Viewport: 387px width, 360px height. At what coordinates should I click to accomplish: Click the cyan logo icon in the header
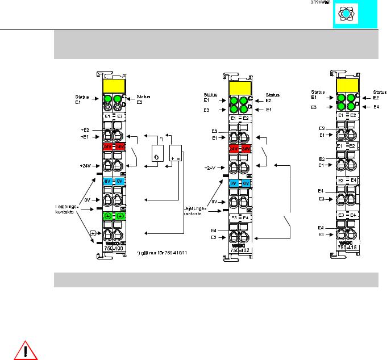(346, 15)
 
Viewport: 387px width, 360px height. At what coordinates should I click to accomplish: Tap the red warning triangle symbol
(25, 350)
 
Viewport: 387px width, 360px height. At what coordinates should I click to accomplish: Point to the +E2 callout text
(85, 130)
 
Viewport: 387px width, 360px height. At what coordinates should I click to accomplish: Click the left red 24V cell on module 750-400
(109, 146)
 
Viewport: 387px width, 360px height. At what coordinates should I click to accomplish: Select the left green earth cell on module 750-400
(109, 216)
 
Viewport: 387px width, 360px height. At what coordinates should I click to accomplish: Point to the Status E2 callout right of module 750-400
(145, 100)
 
